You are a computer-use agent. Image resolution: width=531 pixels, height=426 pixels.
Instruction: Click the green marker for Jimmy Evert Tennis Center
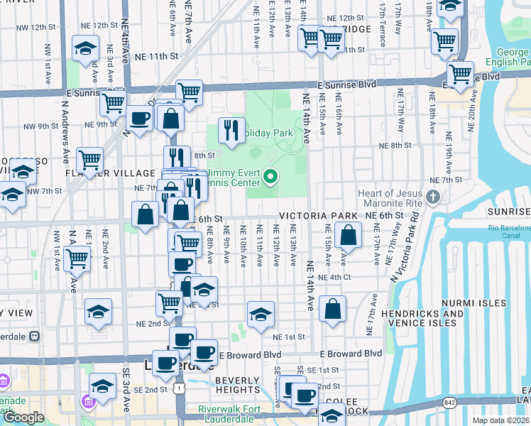[x=270, y=177]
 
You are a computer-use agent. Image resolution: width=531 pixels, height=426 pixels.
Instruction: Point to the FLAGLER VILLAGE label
[x=100, y=173]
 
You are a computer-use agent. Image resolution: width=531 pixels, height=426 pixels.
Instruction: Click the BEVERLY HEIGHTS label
[x=238, y=385]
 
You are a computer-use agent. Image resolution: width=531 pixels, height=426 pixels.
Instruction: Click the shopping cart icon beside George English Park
[x=459, y=73]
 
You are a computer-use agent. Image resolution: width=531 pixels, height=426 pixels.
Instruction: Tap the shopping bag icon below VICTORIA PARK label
[x=348, y=235]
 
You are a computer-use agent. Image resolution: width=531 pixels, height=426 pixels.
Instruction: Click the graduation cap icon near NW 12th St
[x=86, y=49]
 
